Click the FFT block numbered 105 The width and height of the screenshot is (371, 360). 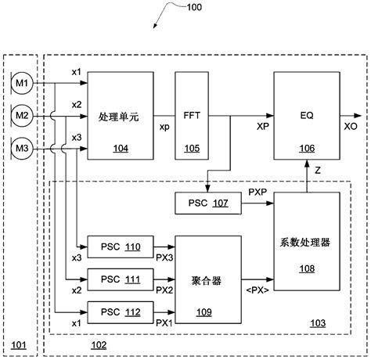click(x=192, y=114)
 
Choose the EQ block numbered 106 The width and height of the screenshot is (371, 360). click(x=307, y=114)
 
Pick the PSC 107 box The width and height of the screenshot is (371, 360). click(x=207, y=203)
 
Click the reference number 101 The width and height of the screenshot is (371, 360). click(x=18, y=344)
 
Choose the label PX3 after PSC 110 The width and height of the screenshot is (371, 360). click(x=164, y=257)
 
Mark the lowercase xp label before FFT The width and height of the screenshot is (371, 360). click(x=164, y=125)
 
